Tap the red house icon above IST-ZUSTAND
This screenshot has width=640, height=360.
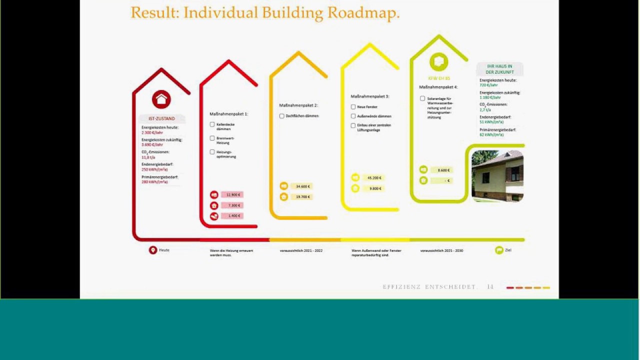[x=161, y=99]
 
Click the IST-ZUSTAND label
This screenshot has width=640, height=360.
[x=161, y=118]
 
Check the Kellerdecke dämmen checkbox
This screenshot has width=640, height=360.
[x=212, y=124]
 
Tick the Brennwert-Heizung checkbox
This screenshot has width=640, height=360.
[x=212, y=138]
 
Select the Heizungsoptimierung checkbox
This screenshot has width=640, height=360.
[x=212, y=151]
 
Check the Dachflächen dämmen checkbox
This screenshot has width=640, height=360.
[x=282, y=116]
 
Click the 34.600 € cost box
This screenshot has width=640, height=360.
[x=303, y=186]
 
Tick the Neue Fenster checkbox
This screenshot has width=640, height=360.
[x=353, y=107]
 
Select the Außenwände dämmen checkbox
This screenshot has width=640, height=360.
[x=353, y=116]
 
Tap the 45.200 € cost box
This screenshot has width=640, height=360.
[x=374, y=177]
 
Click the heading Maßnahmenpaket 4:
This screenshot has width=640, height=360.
[x=438, y=87]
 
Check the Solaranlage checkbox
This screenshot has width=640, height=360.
[x=422, y=98]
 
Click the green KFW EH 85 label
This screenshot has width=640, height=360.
[x=439, y=78]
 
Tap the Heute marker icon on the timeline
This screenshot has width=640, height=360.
[x=153, y=250]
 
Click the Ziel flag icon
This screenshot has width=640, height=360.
[x=498, y=250]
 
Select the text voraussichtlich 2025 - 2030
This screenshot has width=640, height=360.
[x=441, y=250]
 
